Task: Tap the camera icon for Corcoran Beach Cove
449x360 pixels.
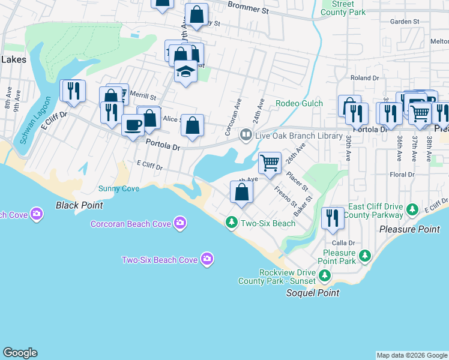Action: coord(180,224)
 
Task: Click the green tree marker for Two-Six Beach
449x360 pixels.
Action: coord(231,223)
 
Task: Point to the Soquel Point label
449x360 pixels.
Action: coord(312,293)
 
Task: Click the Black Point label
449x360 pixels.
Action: coord(79,205)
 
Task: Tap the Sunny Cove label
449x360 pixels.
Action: coord(119,188)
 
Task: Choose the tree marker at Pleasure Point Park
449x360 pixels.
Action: coord(364,257)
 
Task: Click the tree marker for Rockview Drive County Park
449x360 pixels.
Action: coord(325,275)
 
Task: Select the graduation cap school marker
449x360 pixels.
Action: coord(186,73)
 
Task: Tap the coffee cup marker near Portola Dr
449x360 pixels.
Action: coord(133,125)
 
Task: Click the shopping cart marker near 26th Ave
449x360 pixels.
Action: coord(270,162)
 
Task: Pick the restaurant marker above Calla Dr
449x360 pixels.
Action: coord(332,218)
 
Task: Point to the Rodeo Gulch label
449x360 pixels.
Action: coord(299,103)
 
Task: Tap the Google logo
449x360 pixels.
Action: coord(20,353)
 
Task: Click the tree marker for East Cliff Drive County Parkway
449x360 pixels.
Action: coord(412,209)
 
